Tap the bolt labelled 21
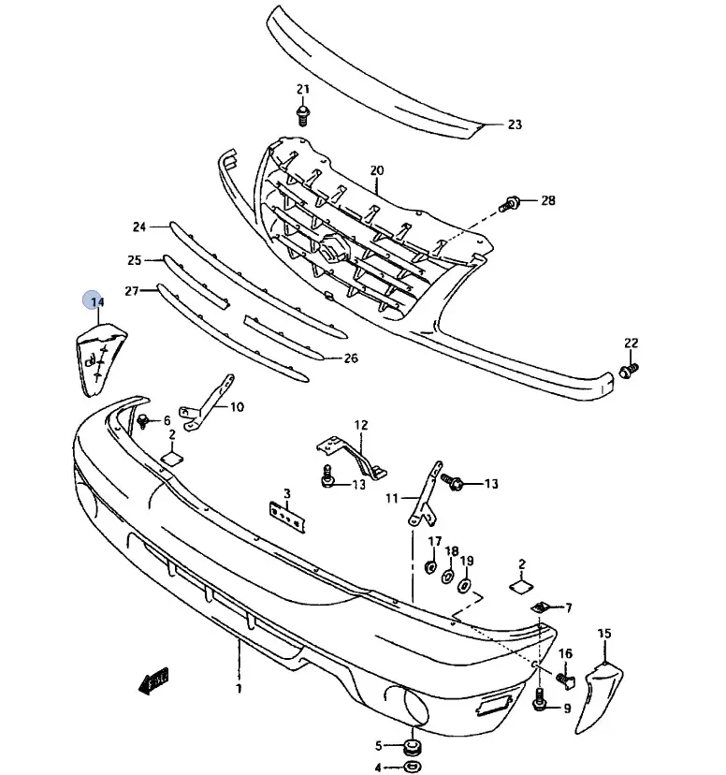tap(302, 116)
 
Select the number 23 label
tap(515, 124)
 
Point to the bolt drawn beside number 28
tap(512, 201)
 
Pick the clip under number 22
tap(630, 372)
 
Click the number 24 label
tap(139, 227)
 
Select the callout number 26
tap(350, 358)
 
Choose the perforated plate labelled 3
tap(287, 515)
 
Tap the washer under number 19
tap(465, 586)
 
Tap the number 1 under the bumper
tap(239, 689)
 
